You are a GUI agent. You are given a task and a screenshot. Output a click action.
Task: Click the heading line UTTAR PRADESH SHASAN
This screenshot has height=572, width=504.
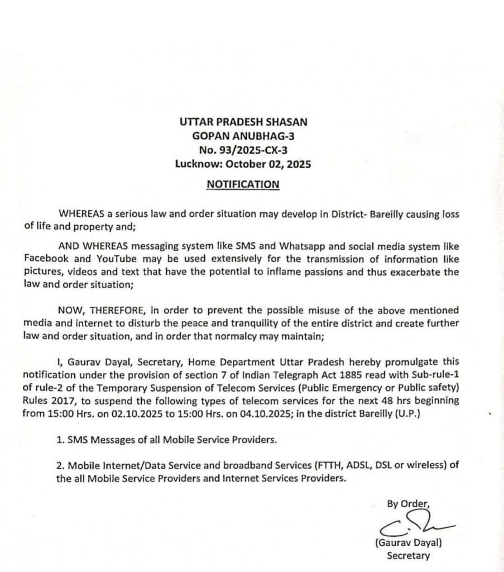click(x=243, y=122)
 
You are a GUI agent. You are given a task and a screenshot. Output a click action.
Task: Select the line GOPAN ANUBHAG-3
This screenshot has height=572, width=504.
click(x=242, y=136)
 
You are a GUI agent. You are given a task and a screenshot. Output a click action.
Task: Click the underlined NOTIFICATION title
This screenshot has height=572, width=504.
click(x=242, y=184)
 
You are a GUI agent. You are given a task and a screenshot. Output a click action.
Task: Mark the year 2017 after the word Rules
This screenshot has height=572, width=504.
click(x=61, y=401)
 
